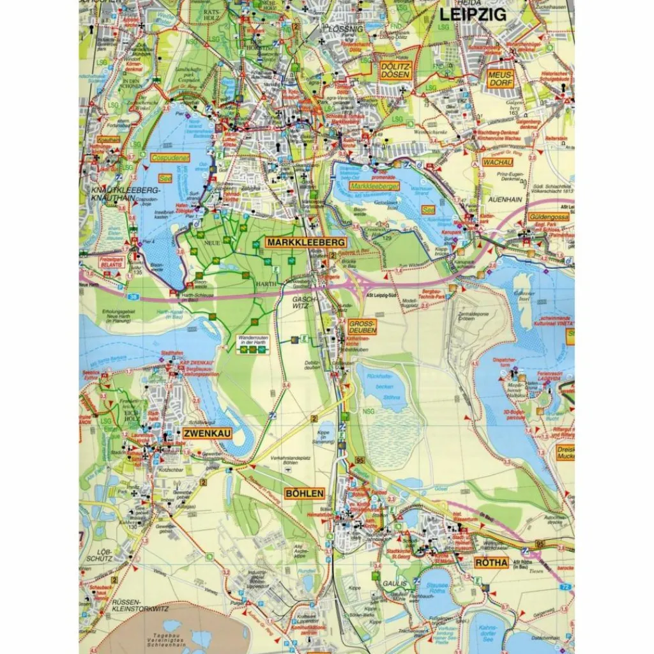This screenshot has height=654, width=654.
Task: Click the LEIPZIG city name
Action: coord(472,15)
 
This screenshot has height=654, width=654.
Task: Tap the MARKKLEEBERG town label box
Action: coord(306,243)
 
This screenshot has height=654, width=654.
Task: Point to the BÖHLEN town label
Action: coord(305,493)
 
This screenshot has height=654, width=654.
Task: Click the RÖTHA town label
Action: coord(491,563)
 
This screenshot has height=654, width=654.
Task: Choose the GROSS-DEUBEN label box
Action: coord(362,328)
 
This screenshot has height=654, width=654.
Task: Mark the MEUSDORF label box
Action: coord(500,79)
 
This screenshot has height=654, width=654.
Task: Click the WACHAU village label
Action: coord(498,162)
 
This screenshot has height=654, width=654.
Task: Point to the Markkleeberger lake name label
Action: coord(374,186)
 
